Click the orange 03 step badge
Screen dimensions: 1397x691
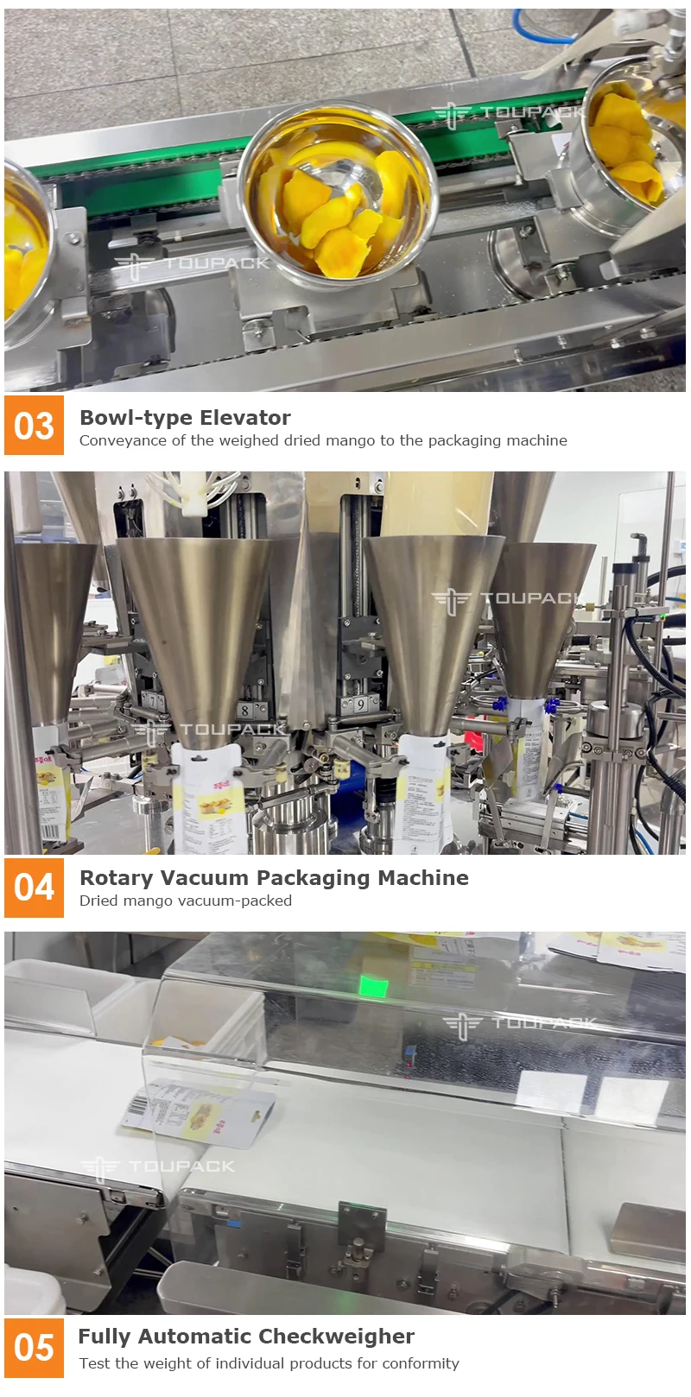pos(34,426)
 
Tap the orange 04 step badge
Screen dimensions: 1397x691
pos(34,888)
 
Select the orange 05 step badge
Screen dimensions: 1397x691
pos(34,1348)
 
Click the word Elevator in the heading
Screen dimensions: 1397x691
pos(250,418)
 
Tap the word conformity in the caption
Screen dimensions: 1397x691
pos(421,1363)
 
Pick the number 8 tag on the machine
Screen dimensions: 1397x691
pos(245,711)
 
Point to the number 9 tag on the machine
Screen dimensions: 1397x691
pos(360,705)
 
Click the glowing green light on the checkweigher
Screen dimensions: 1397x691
pos(373,986)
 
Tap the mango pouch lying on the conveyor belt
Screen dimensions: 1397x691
pos(200,1114)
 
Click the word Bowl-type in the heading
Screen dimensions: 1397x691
pos(130,418)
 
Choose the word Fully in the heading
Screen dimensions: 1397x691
pos(105,1337)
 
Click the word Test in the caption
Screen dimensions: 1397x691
pos(94,1363)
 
